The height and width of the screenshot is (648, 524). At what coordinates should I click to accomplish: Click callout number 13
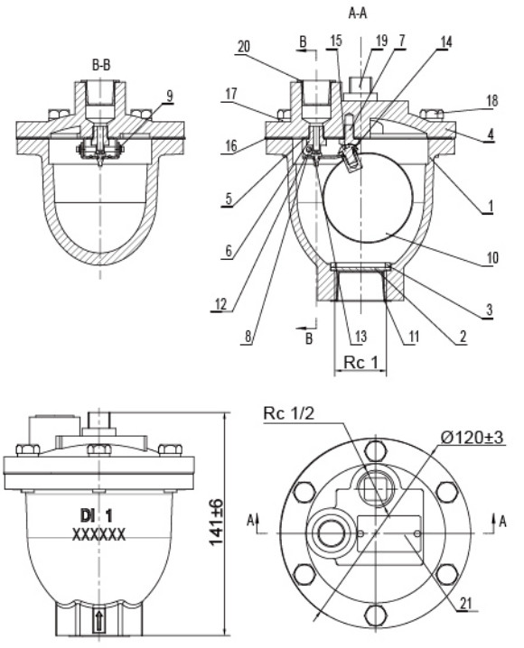361,337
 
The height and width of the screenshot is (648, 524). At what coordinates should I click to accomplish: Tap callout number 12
221,304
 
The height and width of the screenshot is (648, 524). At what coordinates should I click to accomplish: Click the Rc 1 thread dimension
360,363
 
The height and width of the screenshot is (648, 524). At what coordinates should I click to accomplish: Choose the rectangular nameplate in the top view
388,532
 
